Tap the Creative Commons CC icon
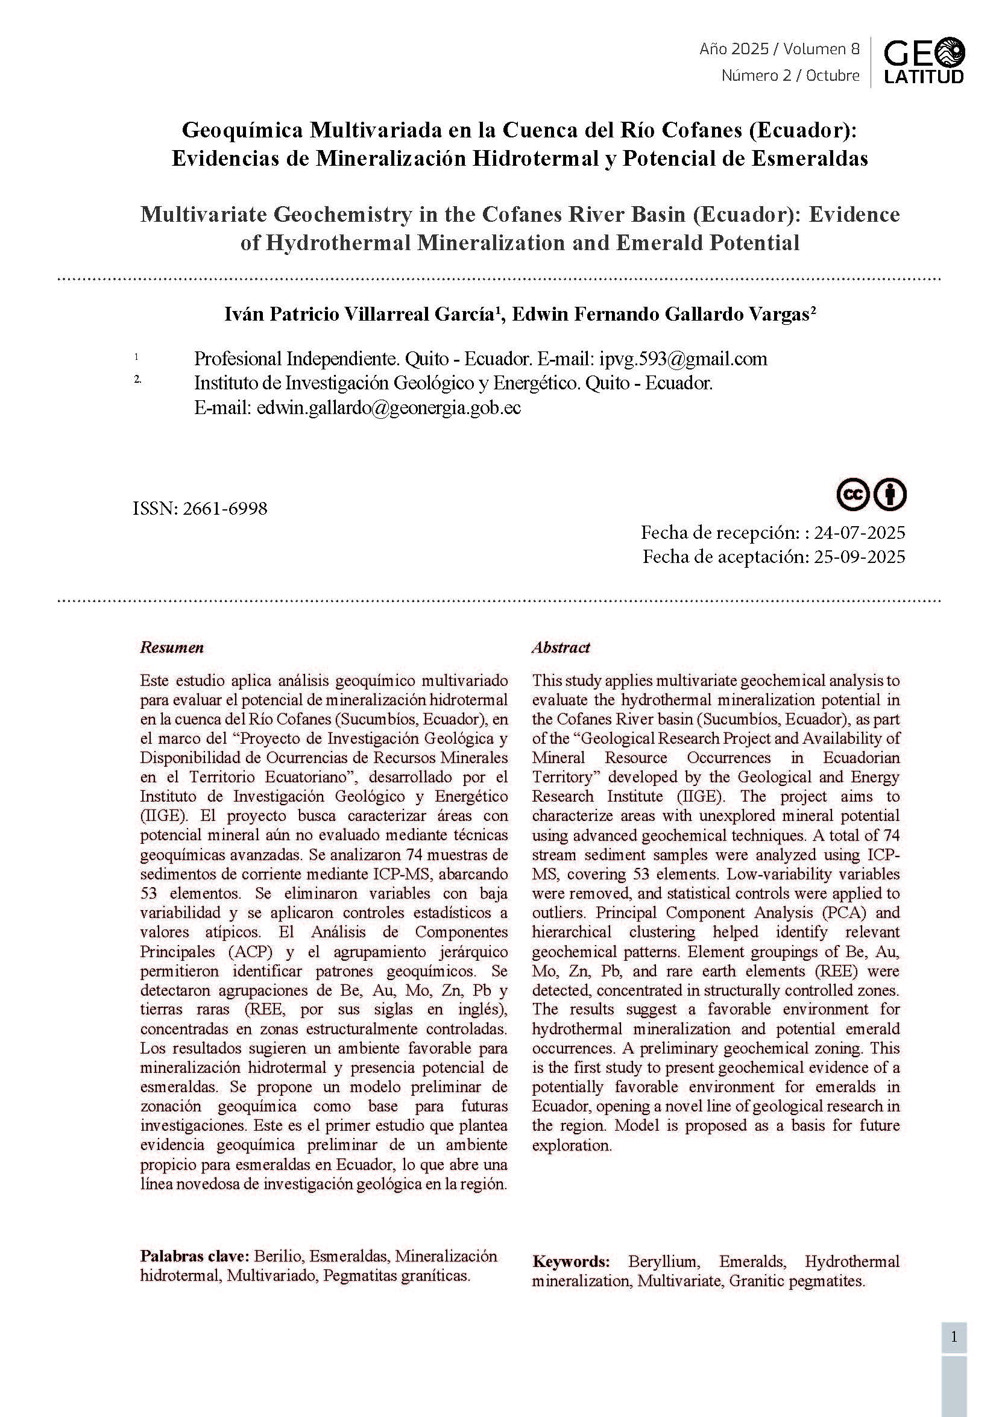click(853, 494)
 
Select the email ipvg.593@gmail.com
click(683, 359)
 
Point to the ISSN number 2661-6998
click(225, 509)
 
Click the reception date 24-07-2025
click(859, 532)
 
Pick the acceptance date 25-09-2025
click(859, 557)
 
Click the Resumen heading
click(172, 647)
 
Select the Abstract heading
click(561, 647)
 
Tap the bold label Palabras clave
click(195, 1256)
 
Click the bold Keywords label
click(570, 1261)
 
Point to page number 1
click(954, 1337)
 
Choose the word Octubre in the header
click(833, 75)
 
